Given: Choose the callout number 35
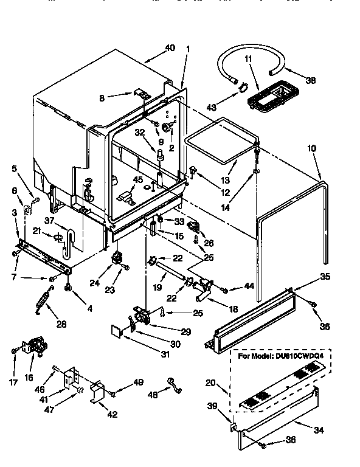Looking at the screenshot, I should tap(325, 277).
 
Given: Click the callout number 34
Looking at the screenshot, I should tap(319, 430).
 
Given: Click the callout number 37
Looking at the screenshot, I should tap(49, 220).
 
